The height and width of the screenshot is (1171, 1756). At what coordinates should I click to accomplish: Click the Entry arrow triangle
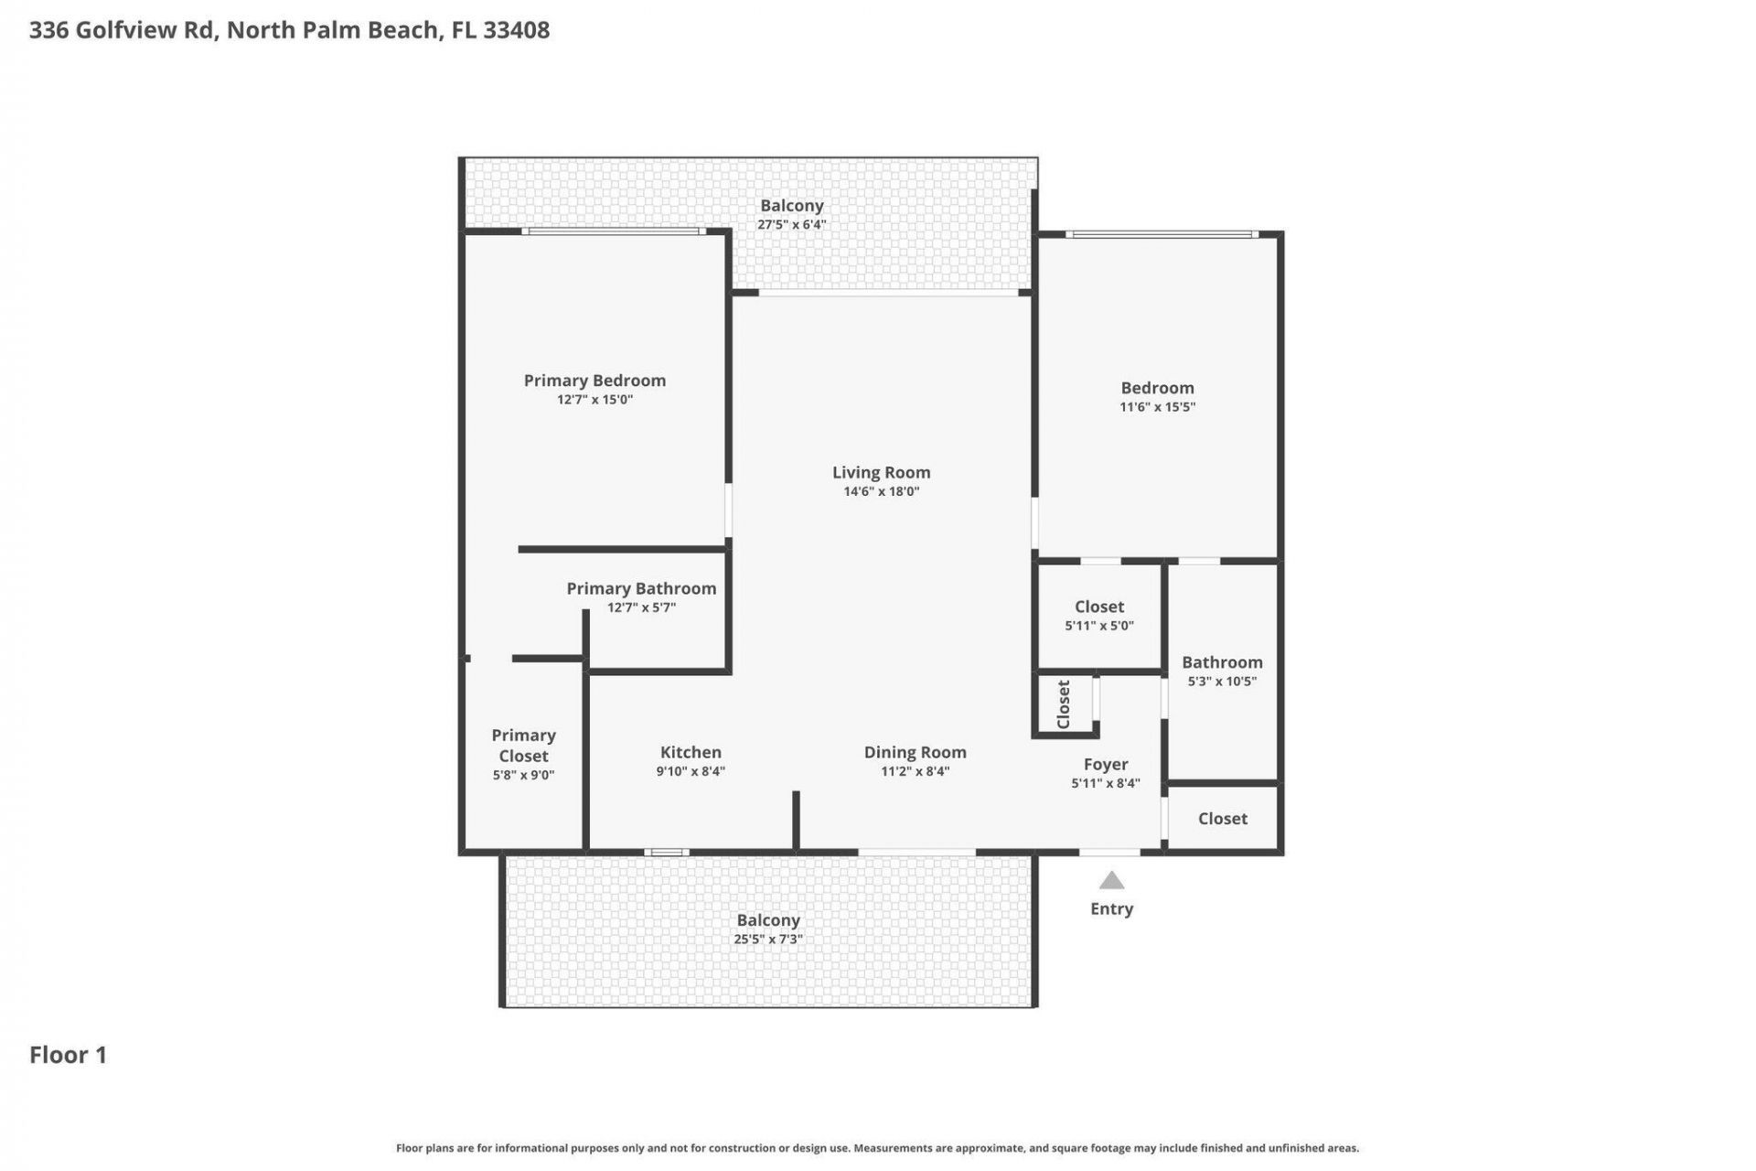coord(1111,881)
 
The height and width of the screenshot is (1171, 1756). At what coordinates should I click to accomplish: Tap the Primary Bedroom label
coord(594,381)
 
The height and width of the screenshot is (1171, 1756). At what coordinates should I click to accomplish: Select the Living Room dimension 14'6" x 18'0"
coord(881,492)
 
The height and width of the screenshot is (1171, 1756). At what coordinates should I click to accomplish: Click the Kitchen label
coord(691,752)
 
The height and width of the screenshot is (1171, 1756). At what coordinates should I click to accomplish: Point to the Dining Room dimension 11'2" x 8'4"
coord(915,771)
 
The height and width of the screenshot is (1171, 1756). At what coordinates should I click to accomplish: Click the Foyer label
coord(1105,764)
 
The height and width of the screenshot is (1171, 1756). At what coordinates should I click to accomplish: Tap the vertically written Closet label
coord(1064,704)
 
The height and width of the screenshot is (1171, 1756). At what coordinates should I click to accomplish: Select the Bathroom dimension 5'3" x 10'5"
coord(1222,682)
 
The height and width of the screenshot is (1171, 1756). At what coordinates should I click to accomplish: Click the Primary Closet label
coord(523,746)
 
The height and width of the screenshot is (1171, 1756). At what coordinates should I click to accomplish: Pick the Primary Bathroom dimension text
coord(641,607)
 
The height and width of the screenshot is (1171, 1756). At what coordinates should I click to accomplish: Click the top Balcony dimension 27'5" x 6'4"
coord(791,225)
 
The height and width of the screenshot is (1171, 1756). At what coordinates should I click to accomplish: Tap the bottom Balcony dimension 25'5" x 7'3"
coord(768,940)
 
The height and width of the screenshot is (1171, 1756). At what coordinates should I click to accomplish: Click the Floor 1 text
coord(69,1055)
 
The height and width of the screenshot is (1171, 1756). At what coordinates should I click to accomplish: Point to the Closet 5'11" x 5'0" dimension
coord(1098,627)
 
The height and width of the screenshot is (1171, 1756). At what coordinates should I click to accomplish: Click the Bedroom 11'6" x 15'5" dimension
coord(1157,407)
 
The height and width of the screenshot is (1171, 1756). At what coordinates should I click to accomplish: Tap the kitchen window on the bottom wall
coord(666,853)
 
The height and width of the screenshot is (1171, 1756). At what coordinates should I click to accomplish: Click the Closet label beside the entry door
coord(1222,819)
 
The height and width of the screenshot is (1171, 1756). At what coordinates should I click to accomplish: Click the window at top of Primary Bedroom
coord(614,231)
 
